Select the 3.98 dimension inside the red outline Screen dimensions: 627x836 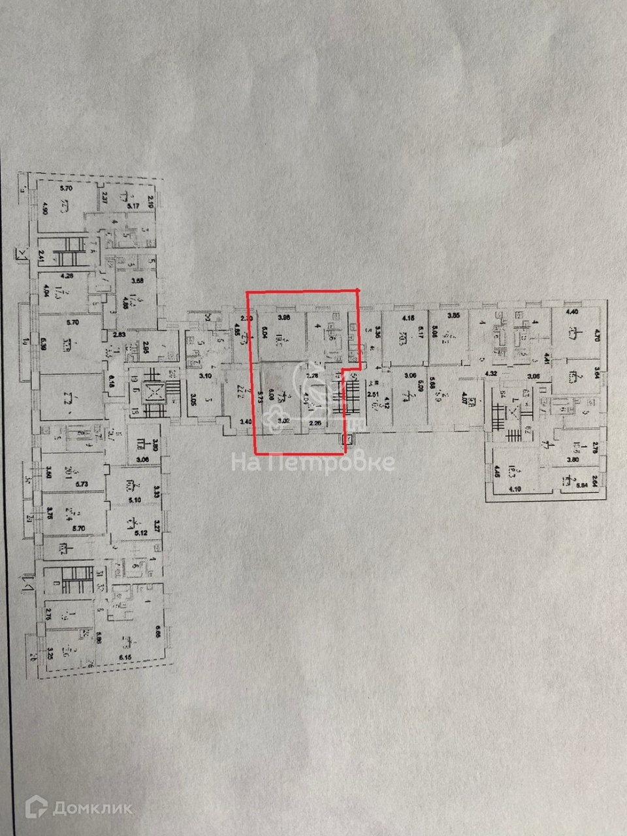283,318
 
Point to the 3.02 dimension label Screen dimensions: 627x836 284,422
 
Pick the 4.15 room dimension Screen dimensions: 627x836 409,318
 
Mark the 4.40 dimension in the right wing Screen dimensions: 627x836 571,312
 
